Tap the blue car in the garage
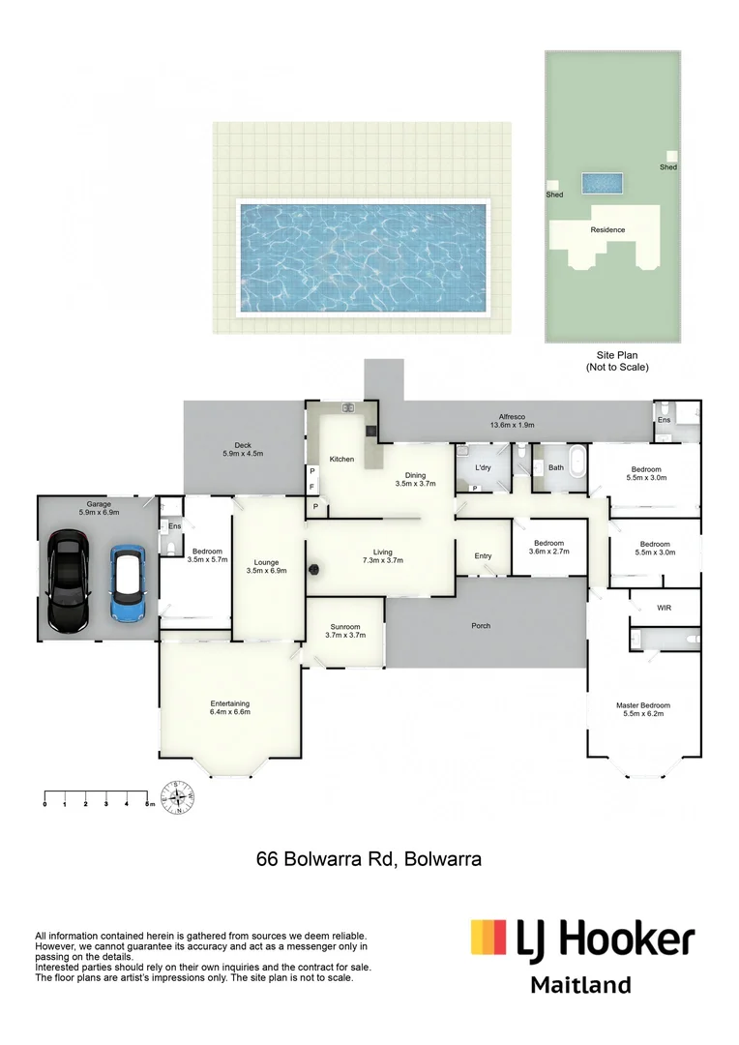(127, 583)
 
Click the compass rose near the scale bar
(177, 797)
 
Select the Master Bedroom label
(643, 710)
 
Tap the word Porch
(481, 626)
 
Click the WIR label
(664, 608)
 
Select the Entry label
(483, 555)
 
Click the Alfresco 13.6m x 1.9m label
(513, 419)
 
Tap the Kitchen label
(341, 459)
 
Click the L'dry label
(484, 467)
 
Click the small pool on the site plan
(602, 182)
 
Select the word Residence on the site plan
(607, 230)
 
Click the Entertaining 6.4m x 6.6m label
(230, 707)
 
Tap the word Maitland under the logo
(580, 985)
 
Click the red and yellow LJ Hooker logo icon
(488, 938)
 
